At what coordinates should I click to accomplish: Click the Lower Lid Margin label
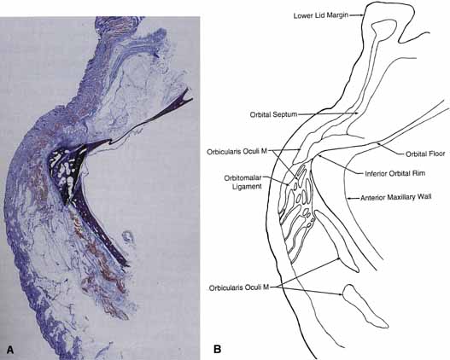pyautogui.click(x=320, y=15)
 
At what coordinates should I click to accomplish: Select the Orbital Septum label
pyautogui.click(x=273, y=114)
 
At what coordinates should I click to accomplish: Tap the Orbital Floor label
pyautogui.click(x=425, y=154)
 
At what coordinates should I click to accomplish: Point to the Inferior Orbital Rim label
pyautogui.click(x=394, y=173)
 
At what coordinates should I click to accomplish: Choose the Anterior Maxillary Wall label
pyautogui.click(x=396, y=197)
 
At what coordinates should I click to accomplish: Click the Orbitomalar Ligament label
pyautogui.click(x=243, y=182)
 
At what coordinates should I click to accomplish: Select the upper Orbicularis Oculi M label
pyautogui.click(x=237, y=152)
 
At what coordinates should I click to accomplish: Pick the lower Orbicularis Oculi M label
pyautogui.click(x=239, y=287)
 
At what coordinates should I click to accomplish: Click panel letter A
pyautogui.click(x=10, y=350)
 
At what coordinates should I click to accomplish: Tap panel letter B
pyautogui.click(x=217, y=349)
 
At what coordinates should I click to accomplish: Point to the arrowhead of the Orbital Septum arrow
pyautogui.click(x=357, y=113)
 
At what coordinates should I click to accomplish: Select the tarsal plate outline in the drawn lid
pyautogui.click(x=384, y=29)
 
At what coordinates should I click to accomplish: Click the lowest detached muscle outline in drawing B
pyautogui.click(x=364, y=306)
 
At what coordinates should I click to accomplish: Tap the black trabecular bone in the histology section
pyautogui.click(x=67, y=169)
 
